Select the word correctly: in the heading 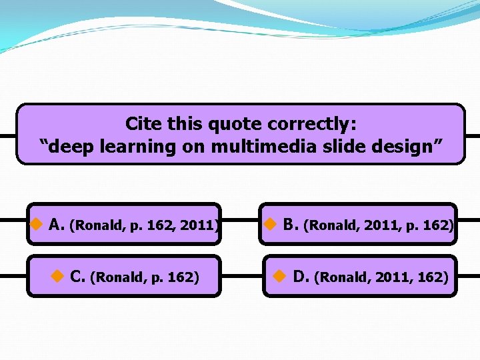(312, 124)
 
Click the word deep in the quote (71, 146)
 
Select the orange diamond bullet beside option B (269, 224)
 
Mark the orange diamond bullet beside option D (280, 275)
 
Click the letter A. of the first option (57, 225)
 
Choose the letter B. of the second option (291, 225)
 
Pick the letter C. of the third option (77, 276)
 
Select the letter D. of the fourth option (301, 276)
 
